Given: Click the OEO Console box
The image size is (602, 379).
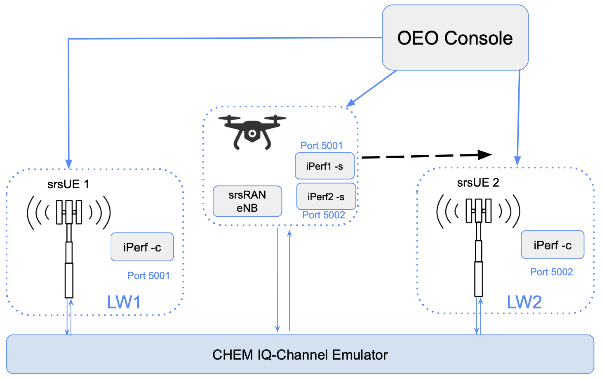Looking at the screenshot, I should coord(455,38).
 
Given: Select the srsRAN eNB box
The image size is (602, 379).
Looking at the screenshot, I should coord(247,201).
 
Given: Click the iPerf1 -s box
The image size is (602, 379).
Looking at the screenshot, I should coord(325,166).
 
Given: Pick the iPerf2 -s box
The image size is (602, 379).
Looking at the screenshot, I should coord(326,197).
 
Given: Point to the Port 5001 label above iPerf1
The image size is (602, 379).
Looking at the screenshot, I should coord(321,146).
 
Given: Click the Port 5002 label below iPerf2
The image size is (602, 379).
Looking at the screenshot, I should coord(323,215).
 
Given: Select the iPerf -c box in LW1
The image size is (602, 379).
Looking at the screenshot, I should coord(142,247).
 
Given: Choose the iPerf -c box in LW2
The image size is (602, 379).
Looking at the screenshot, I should coord(552,245).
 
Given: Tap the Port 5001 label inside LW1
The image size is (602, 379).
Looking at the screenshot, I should coord(148,275).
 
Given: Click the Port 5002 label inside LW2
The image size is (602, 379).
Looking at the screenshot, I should coord(551,272).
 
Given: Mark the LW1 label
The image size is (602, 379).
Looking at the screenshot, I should coord(124,302).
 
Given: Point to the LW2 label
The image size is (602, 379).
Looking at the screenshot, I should coord(524,302).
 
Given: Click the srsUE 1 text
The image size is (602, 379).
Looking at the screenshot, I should coord(68,184).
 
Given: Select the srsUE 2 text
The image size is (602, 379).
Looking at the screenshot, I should coord(478,182).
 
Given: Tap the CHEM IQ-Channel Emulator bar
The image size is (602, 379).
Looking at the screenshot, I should coord(300,355).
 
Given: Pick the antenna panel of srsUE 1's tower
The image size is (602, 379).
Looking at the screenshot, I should coord(69,212).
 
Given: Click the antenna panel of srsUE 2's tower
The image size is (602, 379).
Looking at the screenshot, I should coord(478,211).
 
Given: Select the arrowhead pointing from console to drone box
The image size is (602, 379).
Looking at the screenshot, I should coord(350,103).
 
